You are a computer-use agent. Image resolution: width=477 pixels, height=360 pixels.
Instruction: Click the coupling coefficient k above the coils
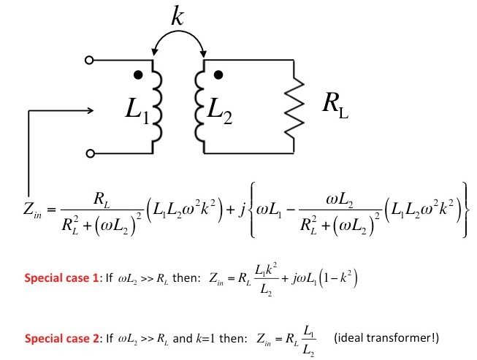178,15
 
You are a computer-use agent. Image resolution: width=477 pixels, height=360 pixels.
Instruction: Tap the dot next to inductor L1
138,74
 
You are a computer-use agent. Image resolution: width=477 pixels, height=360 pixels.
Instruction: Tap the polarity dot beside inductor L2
218,74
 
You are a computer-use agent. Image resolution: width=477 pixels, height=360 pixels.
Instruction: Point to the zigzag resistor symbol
294,107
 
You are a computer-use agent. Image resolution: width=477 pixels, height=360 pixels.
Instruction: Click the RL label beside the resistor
335,104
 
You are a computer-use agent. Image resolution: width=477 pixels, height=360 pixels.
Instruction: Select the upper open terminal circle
89,60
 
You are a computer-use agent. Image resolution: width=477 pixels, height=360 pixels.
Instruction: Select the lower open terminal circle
90,153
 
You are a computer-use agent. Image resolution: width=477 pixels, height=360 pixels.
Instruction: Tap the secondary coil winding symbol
199,107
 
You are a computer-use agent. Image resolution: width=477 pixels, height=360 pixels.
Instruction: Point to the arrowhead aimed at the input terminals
91,110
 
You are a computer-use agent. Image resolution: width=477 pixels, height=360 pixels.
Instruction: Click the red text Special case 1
61,278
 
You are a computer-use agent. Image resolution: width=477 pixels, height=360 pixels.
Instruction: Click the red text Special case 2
62,338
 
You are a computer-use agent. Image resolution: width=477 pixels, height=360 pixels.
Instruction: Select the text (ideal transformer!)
386,338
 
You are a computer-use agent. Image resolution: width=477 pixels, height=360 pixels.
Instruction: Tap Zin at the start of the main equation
32,210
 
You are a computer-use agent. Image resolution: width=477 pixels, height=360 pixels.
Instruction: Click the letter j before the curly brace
242,210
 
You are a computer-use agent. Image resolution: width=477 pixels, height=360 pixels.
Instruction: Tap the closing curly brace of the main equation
465,210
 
